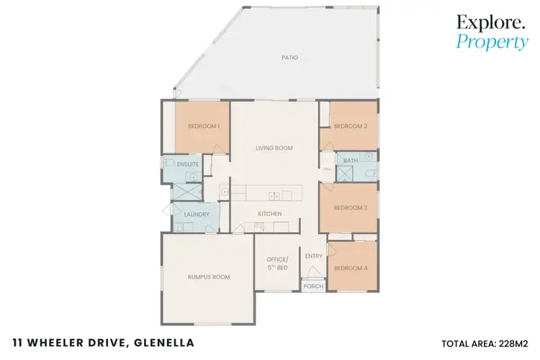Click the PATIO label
tap(290, 58)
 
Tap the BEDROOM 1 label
tap(204, 126)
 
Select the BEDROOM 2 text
tap(351, 126)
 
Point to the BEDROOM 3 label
tap(351, 207)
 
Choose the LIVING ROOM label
tap(274, 148)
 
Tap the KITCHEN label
tap(270, 214)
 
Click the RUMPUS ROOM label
tap(208, 277)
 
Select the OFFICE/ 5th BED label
tap(277, 264)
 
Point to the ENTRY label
tap(314, 256)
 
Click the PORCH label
tap(313, 286)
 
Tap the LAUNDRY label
tap(197, 215)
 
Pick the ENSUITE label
tap(188, 164)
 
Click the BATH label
tap(351, 161)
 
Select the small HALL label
tap(326, 169)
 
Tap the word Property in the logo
tap(492, 42)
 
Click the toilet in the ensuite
tap(169, 162)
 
